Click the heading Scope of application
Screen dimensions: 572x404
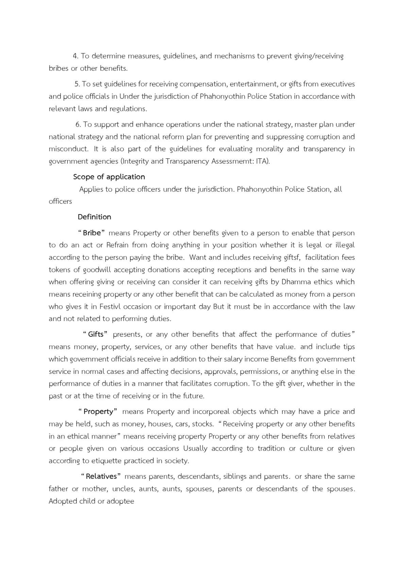click(109, 177)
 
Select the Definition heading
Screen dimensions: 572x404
click(94, 217)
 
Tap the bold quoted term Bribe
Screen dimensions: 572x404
click(92, 233)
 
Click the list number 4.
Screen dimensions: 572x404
click(75, 56)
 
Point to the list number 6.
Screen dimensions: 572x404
click(78, 124)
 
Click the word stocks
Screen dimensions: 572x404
click(203, 424)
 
